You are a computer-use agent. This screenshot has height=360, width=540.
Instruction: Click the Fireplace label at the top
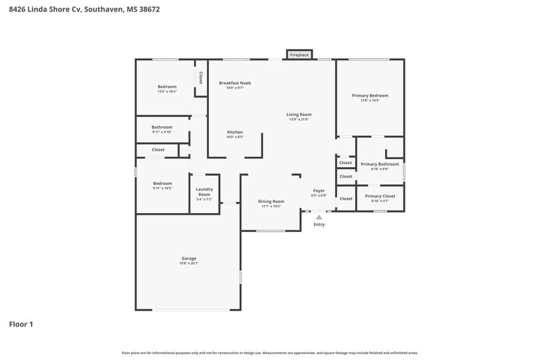point(299,55)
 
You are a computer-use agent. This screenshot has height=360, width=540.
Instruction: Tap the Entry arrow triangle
point(319,217)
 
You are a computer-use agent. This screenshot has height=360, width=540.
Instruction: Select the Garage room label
point(189,258)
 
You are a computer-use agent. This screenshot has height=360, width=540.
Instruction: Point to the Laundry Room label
point(204,192)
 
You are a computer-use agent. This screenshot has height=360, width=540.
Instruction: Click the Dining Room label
point(271,201)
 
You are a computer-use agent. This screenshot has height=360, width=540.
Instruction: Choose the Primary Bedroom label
point(370,96)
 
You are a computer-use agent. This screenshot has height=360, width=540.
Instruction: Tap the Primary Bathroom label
point(380,164)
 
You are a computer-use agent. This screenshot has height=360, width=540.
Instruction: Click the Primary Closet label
point(380,196)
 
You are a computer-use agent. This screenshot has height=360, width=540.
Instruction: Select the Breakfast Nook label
point(235,83)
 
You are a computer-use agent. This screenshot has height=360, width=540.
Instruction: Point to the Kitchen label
point(235,132)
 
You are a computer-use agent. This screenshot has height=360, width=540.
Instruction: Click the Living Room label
point(299,114)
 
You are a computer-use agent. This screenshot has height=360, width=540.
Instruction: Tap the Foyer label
point(319,191)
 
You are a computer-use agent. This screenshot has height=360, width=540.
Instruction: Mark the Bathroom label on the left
point(162,127)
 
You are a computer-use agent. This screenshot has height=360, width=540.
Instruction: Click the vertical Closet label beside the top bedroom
point(201,78)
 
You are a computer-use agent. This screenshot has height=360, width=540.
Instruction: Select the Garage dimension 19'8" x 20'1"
point(189,263)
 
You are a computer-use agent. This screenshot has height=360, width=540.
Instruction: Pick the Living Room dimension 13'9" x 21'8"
point(299,119)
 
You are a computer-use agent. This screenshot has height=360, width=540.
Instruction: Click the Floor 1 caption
point(21,324)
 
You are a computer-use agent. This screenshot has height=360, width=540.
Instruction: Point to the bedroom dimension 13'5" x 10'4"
point(167,92)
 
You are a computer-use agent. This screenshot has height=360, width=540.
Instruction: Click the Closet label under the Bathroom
point(158,149)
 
